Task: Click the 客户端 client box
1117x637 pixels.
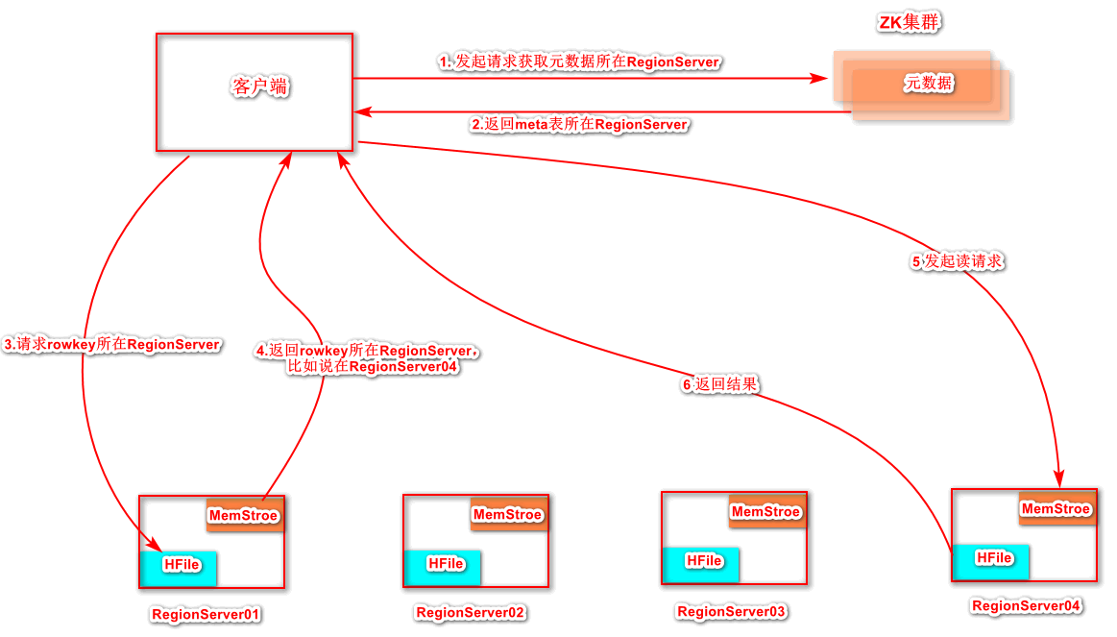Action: (x=255, y=92)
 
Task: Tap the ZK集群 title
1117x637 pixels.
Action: (x=909, y=23)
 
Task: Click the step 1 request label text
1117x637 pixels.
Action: (x=579, y=61)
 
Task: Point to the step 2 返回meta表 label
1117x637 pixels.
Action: (x=579, y=125)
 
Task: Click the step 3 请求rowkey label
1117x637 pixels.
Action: (x=112, y=344)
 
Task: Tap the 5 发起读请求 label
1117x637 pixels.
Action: (x=958, y=261)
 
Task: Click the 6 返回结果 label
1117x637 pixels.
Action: (x=720, y=384)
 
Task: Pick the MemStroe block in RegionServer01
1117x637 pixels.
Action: (x=245, y=515)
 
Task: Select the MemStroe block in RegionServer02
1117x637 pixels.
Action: (x=509, y=514)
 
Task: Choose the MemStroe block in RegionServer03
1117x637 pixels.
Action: (x=766, y=511)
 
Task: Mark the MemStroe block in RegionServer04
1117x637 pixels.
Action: (x=1056, y=508)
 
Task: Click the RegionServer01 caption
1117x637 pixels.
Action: (x=206, y=614)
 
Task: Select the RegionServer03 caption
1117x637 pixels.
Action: (x=732, y=611)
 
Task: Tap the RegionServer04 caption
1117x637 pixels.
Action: (x=1027, y=605)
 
